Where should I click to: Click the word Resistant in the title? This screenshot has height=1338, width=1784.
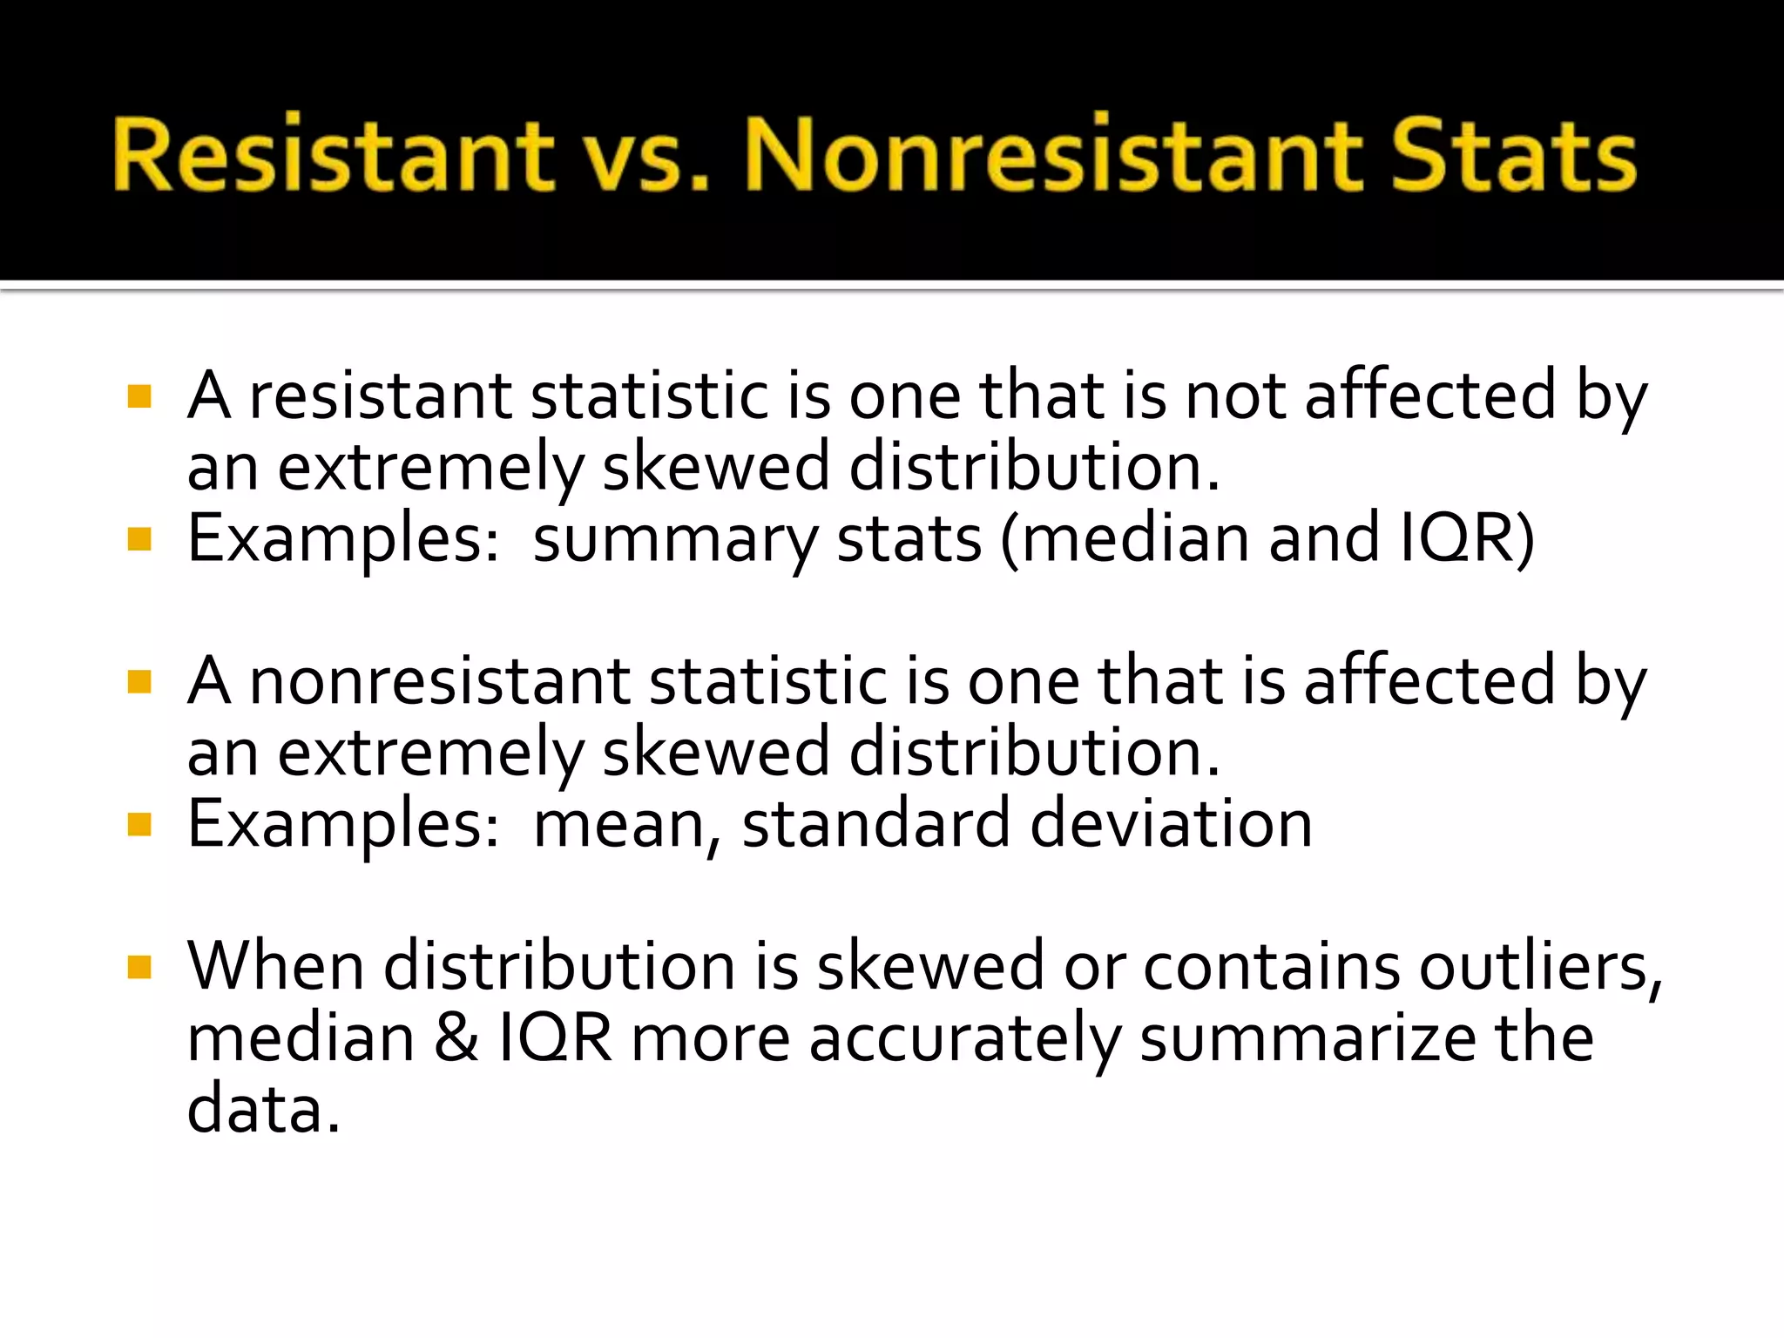[333, 155]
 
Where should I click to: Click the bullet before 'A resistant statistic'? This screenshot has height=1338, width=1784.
[139, 397]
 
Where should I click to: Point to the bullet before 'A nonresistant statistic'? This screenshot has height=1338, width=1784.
[139, 681]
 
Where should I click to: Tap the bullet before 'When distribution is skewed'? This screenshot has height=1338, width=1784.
[139, 967]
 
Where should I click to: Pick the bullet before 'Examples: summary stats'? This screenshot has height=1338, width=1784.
[139, 540]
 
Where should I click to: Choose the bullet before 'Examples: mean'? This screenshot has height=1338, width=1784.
[139, 824]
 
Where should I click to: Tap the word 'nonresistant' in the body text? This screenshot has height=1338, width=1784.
[439, 683]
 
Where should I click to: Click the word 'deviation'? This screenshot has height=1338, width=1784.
[1171, 824]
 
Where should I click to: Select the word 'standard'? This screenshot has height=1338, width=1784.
[875, 824]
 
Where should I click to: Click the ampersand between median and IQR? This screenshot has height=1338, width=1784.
[456, 1038]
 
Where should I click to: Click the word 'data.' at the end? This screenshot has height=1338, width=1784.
[263, 1110]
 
